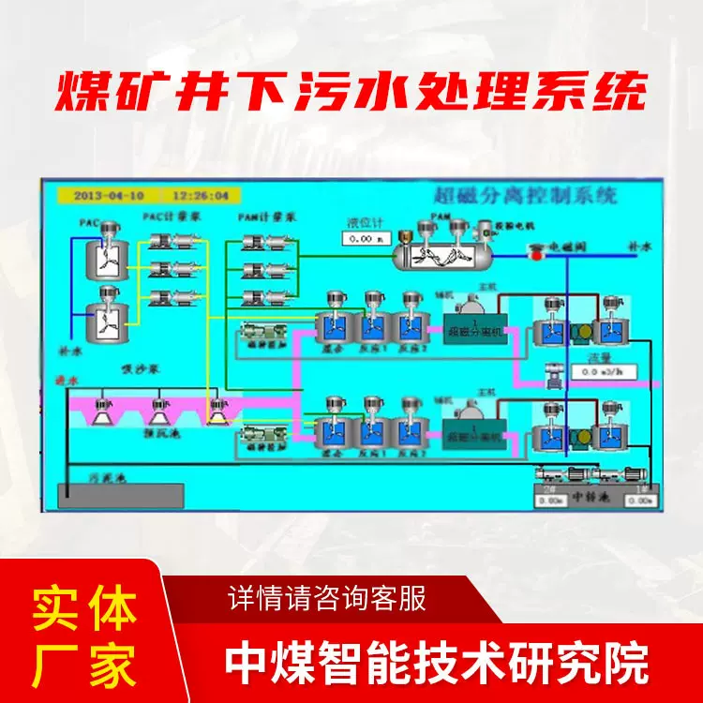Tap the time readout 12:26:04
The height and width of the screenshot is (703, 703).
coord(202,196)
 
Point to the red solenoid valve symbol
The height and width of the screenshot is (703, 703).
coord(537,252)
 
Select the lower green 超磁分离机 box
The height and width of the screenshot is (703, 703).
coord(474,437)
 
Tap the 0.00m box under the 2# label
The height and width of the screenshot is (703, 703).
coord(554,501)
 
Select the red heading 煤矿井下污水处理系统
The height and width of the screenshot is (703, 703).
coord(351,94)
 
